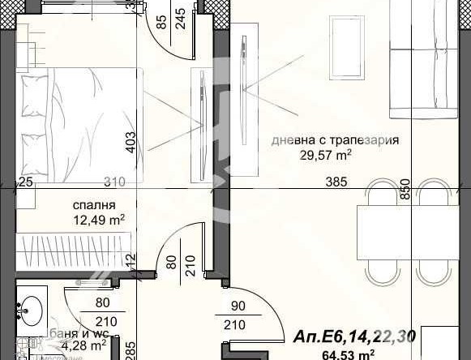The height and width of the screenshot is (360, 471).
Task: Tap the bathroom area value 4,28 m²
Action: point(86,345)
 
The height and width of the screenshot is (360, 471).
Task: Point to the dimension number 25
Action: point(26,182)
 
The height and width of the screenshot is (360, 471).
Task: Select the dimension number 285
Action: point(128,349)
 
